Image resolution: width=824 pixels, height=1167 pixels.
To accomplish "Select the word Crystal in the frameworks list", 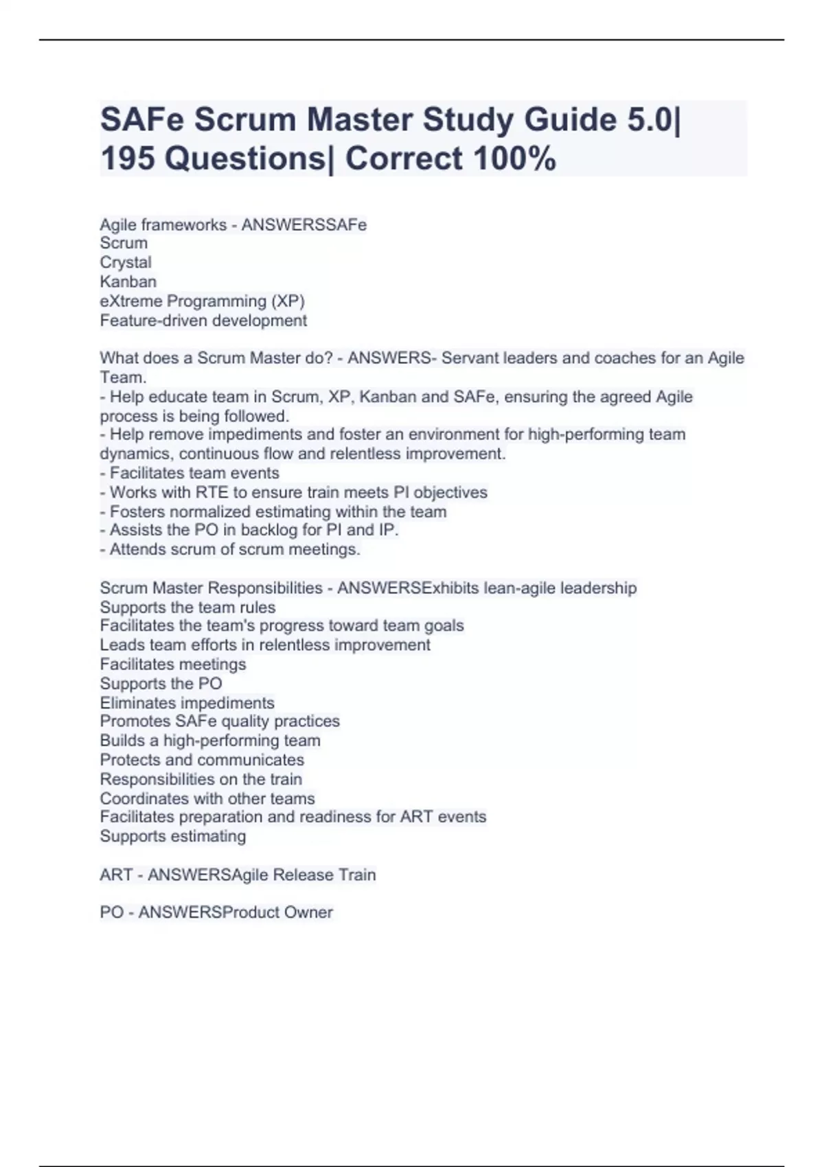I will (x=126, y=262).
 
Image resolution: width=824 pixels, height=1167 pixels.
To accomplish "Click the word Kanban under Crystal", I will (x=128, y=281).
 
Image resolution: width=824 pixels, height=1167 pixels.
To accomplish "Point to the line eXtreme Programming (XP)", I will (x=202, y=301).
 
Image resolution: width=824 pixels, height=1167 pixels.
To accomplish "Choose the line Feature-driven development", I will (x=203, y=321).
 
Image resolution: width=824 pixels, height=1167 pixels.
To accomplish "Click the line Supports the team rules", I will (x=187, y=608).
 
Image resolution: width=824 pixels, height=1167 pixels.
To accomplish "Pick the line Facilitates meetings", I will (x=172, y=664).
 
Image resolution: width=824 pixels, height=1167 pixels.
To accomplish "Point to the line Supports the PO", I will (x=161, y=684).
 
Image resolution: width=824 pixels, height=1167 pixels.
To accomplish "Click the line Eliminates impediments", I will (x=187, y=703).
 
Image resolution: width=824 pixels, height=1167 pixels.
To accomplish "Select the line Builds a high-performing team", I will (x=210, y=741).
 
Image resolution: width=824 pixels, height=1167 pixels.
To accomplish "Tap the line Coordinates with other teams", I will (x=207, y=798).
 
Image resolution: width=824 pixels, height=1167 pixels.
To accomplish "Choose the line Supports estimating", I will (x=172, y=836).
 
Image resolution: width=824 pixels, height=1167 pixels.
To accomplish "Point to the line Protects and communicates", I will (x=202, y=760).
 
